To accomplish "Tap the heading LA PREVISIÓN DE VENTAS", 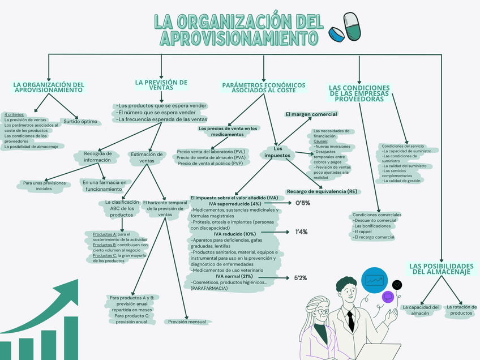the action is (161, 85).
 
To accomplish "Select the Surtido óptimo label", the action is (80, 121).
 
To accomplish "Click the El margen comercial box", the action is (311, 114).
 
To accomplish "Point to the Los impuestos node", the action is (277, 152).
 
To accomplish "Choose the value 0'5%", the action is (303, 203).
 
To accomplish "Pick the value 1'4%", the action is (301, 232).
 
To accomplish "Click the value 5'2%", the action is (301, 277).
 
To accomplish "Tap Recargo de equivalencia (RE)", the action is (322, 191).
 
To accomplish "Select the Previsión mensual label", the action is (187, 322).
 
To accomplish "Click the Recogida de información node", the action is (97, 156).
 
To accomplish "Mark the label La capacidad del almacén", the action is (421, 310).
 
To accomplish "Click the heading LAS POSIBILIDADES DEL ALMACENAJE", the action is (441, 269).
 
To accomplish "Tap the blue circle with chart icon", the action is (374, 280).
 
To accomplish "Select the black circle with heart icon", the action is (397, 284).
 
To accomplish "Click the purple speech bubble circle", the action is (388, 297).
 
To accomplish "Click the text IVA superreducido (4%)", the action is (234, 203).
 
